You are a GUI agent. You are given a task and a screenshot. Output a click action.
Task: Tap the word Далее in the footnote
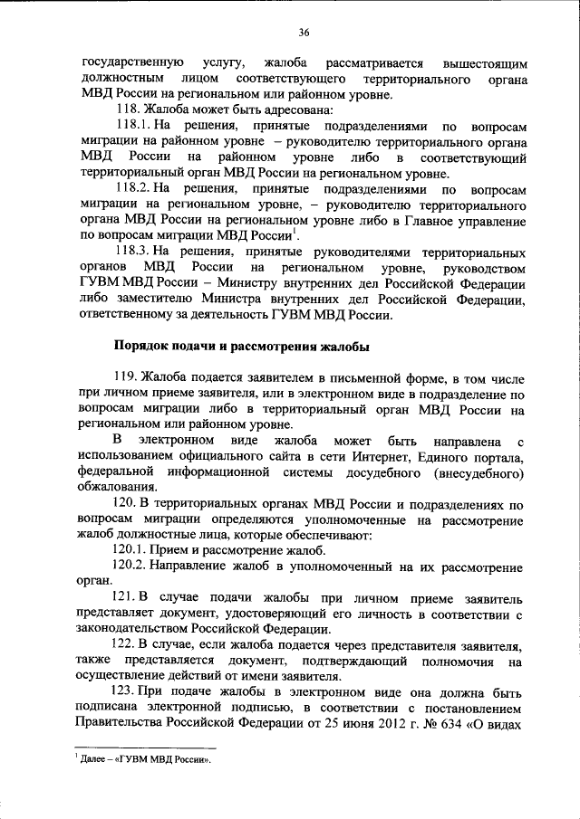pos(94,760)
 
